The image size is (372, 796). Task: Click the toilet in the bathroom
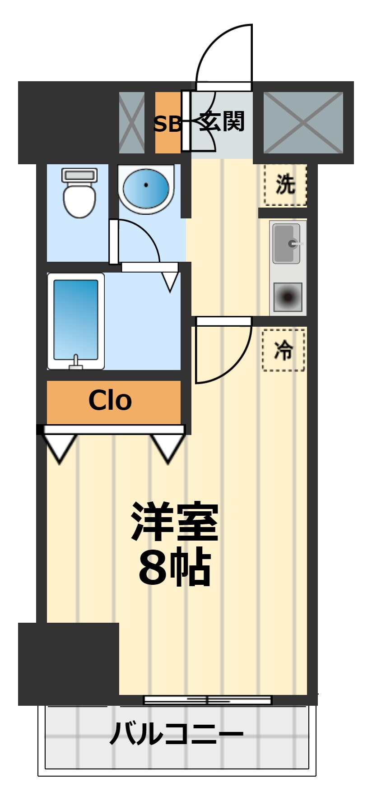(x=79, y=193)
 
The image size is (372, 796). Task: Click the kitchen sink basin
(x=287, y=244)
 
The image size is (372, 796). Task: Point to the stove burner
(x=288, y=297)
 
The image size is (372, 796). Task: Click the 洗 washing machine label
(x=285, y=185)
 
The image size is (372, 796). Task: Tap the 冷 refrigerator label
(x=284, y=350)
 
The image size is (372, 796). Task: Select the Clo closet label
(x=110, y=401)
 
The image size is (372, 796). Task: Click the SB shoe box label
(x=167, y=124)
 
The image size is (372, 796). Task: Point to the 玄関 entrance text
(x=222, y=122)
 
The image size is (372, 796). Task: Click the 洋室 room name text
(x=175, y=523)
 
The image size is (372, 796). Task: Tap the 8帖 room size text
(x=175, y=567)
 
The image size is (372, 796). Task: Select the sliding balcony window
(x=208, y=700)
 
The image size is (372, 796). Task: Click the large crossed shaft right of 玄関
(x=303, y=123)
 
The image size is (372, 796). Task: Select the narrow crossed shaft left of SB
(x=132, y=123)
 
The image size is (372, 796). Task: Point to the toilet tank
(x=79, y=175)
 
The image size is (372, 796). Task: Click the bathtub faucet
(x=76, y=362)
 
